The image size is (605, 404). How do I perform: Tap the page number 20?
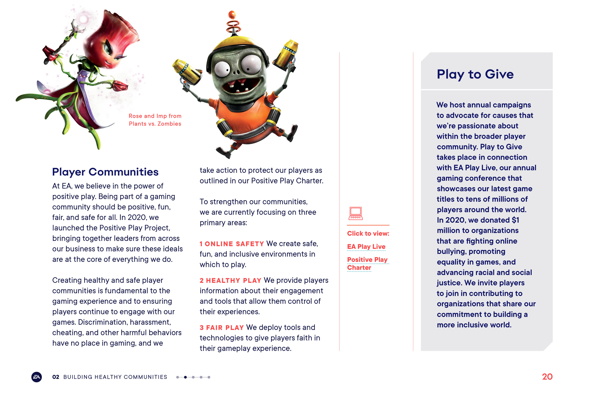(547, 377)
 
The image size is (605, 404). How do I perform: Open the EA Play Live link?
(366, 247)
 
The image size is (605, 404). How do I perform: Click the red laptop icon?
(356, 213)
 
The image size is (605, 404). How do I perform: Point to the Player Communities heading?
(105, 172)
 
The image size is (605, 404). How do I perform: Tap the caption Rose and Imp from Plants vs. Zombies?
(155, 120)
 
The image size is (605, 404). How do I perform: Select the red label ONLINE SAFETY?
(234, 244)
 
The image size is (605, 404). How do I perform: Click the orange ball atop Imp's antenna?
(232, 14)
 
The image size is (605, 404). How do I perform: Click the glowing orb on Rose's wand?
(83, 19)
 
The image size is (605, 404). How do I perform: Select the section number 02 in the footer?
(56, 377)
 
